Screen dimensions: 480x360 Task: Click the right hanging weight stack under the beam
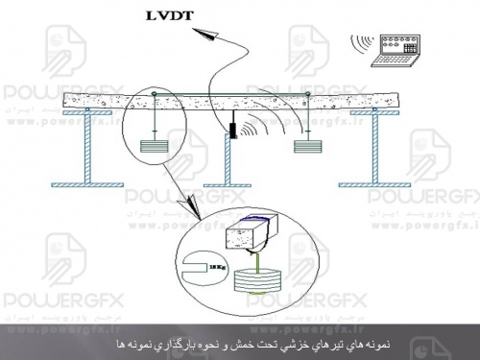(305, 147)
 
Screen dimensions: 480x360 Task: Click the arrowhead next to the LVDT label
(207, 36)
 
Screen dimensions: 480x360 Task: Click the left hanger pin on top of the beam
(155, 94)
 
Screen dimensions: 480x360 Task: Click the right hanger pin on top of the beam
(305, 93)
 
